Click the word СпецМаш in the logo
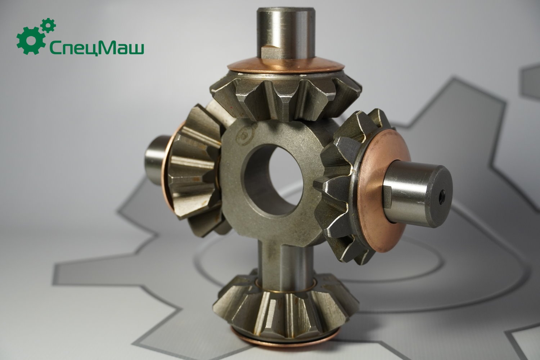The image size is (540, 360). (x=97, y=48)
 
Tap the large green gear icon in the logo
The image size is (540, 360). (x=31, y=41)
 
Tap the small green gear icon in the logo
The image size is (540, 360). (x=48, y=25)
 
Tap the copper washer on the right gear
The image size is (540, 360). (x=383, y=190)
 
